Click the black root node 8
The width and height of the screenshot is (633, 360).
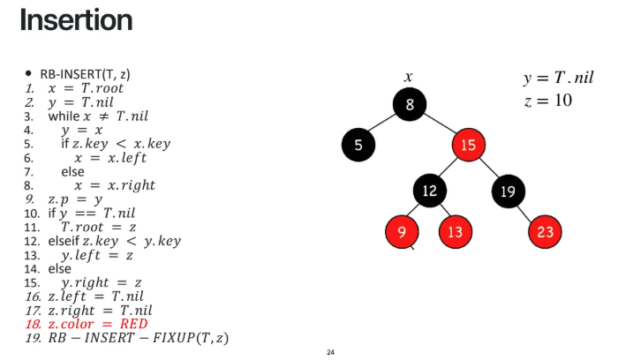[x=410, y=106]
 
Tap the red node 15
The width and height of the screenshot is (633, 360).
[x=468, y=145]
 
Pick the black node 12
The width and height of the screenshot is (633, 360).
[x=429, y=190]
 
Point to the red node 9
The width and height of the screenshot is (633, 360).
[x=403, y=232]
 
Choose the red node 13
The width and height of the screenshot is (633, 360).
[x=456, y=232]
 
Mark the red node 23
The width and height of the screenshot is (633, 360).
[x=545, y=232]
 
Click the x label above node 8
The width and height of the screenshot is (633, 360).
[x=408, y=78]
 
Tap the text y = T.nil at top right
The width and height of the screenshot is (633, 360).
[x=558, y=79]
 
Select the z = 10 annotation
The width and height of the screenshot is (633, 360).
[x=547, y=101]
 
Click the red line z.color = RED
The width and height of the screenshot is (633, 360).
[x=97, y=324]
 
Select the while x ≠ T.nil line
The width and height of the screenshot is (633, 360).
[x=98, y=116]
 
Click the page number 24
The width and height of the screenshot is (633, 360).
[x=330, y=353]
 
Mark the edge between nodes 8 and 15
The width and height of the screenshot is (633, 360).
[x=439, y=125]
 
